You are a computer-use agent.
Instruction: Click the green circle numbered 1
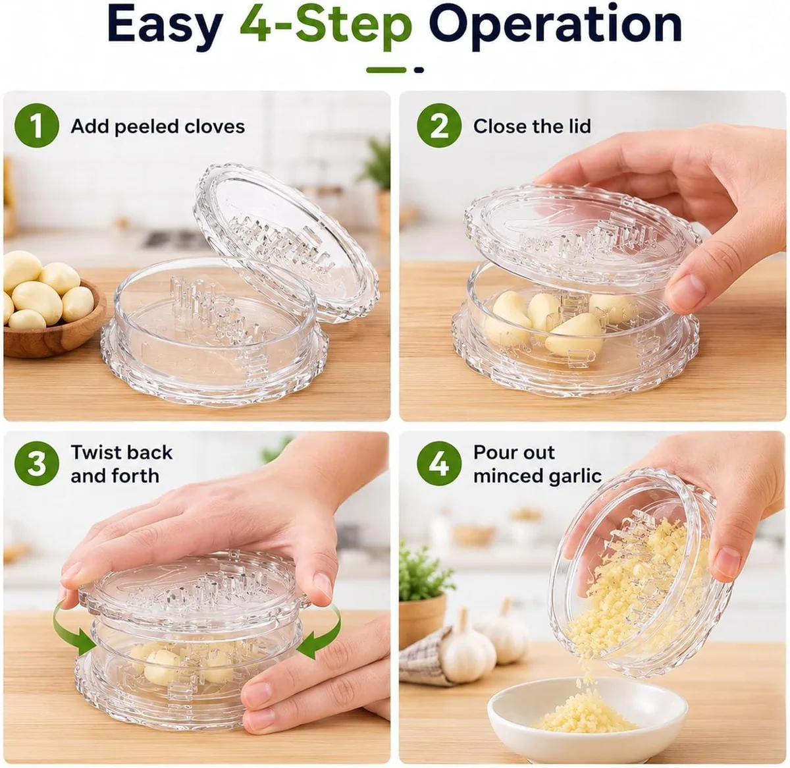pos(36,126)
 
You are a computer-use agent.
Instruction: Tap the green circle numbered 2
pos(439,126)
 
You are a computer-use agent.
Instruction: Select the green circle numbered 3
pos(36,464)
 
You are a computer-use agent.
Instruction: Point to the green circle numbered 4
pos(439,464)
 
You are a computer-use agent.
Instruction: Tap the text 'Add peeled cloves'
pos(158,126)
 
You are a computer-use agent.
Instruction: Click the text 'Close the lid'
pos(532,126)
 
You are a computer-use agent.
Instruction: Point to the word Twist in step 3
pos(98,452)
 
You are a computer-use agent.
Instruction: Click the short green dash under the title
pos(386,70)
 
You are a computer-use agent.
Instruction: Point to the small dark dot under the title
pos(419,70)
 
